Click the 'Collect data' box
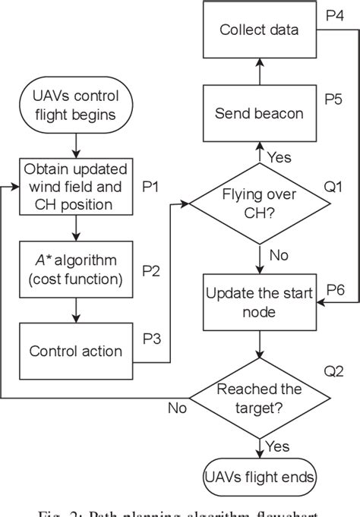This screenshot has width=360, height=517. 258,30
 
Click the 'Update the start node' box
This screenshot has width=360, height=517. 259,302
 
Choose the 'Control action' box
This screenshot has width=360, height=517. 75,351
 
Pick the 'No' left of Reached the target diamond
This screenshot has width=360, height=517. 176,408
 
